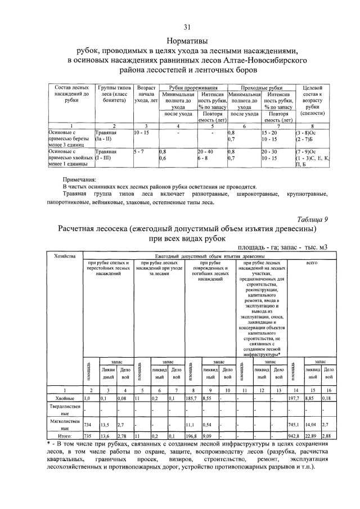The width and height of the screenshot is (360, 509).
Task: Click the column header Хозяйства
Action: [x=63, y=256]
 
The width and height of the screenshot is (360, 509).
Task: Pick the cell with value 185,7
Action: [x=192, y=398]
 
